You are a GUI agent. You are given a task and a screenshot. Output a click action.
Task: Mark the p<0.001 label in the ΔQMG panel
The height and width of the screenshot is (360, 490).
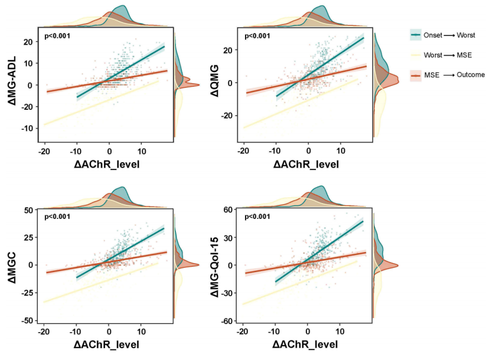(x=257, y=37)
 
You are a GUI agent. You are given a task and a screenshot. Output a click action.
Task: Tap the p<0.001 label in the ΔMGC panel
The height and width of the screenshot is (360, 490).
(x=58, y=217)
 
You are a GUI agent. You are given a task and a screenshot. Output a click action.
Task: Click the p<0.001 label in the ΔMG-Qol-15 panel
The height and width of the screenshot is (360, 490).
(x=257, y=217)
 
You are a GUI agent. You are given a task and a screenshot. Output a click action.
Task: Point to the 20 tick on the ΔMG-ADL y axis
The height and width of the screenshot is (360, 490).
(x=27, y=42)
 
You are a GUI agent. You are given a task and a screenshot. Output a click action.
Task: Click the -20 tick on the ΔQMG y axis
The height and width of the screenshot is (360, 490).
(x=225, y=116)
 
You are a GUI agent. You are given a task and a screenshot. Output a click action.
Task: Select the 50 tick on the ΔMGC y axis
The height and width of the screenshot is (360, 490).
(x=28, y=210)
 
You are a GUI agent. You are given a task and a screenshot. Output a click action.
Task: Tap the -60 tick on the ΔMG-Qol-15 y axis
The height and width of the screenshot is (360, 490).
(x=225, y=320)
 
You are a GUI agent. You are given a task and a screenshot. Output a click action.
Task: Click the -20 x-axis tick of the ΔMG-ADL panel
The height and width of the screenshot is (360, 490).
(x=43, y=151)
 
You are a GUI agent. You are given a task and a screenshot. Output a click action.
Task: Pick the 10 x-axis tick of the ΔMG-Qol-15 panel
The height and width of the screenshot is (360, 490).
(x=340, y=331)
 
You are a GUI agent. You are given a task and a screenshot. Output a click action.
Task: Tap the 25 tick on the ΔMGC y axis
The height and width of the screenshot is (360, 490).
(x=28, y=237)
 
